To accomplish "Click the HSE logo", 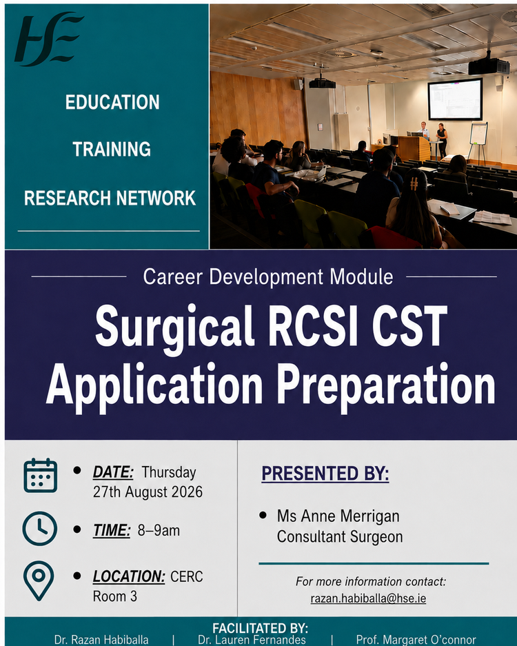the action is click(49, 39).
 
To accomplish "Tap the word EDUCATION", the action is click(112, 102).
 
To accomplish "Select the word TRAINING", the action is click(112, 149).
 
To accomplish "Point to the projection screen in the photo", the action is click(455, 99).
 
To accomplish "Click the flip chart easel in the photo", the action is click(478, 142).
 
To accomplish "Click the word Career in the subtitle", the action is click(173, 276).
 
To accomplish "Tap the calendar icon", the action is click(41, 475).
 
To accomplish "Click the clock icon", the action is click(39, 529).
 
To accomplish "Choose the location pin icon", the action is click(39, 581).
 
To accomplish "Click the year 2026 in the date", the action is click(187, 492).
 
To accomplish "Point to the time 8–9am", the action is click(159, 531).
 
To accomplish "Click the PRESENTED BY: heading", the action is click(325, 474).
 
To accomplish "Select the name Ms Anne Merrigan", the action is click(338, 516).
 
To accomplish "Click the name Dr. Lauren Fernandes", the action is click(252, 640).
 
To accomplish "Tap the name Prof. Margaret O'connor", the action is click(416, 640).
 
